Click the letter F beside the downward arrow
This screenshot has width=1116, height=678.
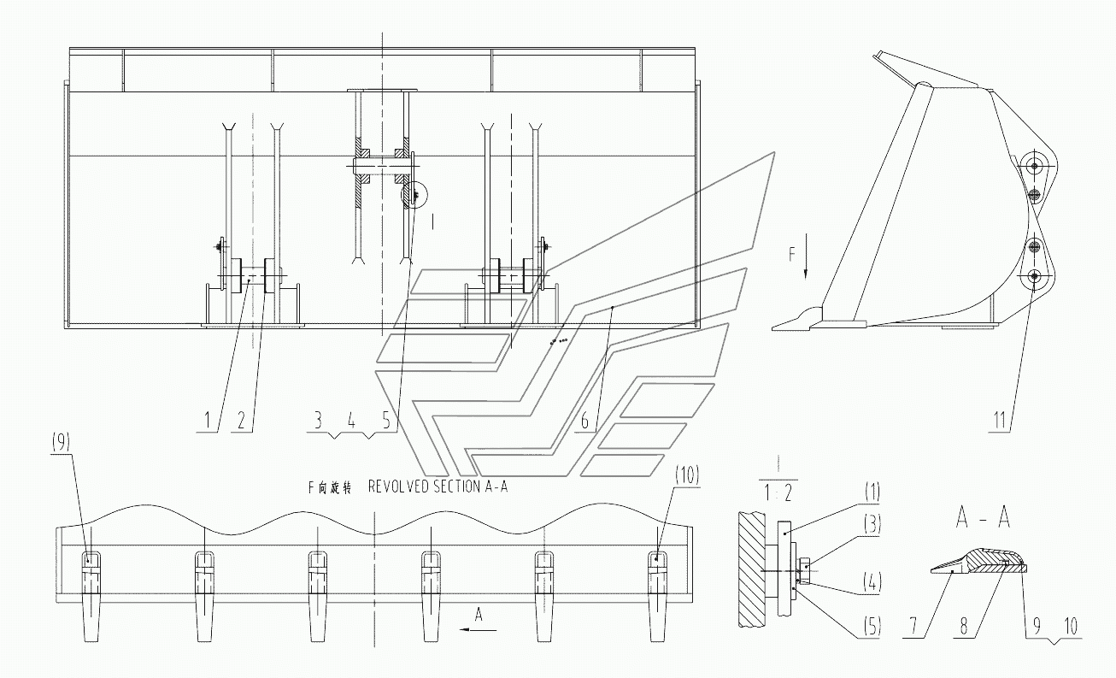click(792, 254)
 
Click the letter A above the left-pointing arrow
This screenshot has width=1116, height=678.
click(479, 613)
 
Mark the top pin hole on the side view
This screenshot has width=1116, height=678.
click(1035, 165)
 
